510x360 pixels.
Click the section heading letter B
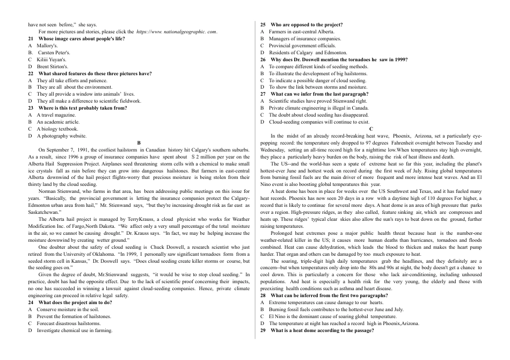pyautogui.click(x=139, y=143)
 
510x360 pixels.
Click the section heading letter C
pyautogui.click(x=371, y=129)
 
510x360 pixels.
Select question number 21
pyautogui.click(x=31, y=39)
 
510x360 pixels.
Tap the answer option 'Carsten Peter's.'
pyautogui.click(x=53, y=53)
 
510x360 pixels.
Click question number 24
pyautogui.click(x=31, y=303)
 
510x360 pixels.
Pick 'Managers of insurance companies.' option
pyautogui.click(x=305, y=39)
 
